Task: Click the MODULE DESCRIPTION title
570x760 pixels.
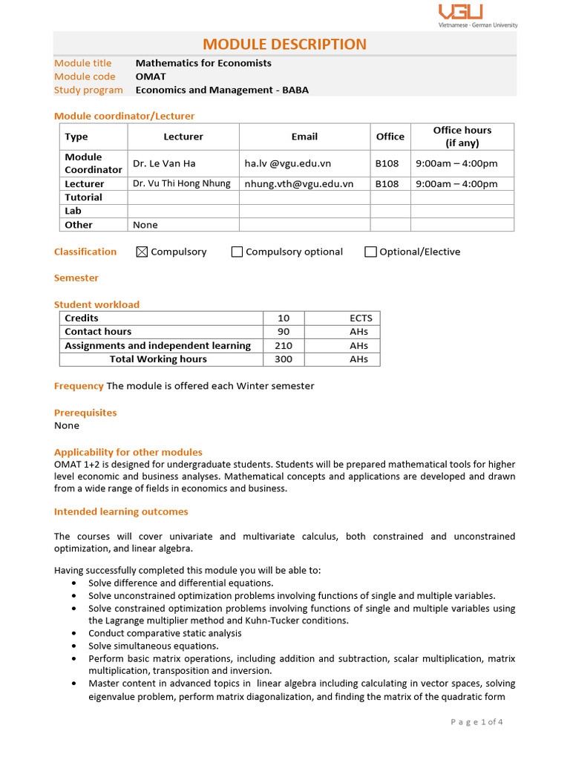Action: [285, 44]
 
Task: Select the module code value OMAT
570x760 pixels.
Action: [151, 76]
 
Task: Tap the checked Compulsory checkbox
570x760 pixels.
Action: [142, 252]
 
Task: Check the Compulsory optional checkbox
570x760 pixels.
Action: [237, 252]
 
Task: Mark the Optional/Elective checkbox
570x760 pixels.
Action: [370, 252]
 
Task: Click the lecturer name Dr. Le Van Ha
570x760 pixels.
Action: [164, 163]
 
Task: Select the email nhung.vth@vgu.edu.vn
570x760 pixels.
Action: [298, 184]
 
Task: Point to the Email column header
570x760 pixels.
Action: [304, 137]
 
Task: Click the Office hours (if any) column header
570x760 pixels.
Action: [462, 137]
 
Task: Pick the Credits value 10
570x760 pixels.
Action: [284, 318]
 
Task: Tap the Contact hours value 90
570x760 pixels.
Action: [284, 332]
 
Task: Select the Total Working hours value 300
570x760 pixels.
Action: [284, 359]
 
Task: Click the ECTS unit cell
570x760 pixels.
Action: [361, 318]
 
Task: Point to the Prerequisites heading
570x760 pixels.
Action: [85, 413]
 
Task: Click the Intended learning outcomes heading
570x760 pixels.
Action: [121, 512]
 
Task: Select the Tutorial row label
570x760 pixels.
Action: [83, 197]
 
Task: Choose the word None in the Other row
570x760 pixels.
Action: [145, 225]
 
